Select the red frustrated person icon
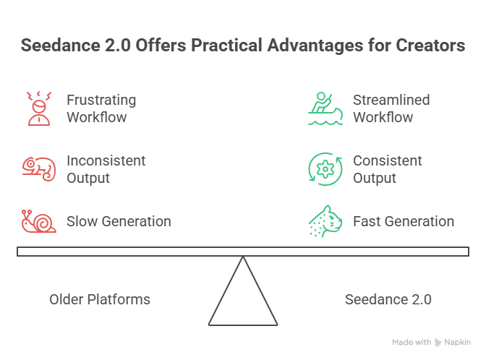(x=38, y=108)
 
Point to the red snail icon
(x=38, y=221)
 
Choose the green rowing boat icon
(x=325, y=108)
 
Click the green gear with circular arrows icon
(x=325, y=168)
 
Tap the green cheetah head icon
(x=325, y=221)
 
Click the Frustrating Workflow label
(x=101, y=108)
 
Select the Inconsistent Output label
(x=106, y=168)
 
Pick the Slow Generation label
(x=119, y=221)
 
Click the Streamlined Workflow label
(x=391, y=108)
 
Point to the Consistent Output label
(x=388, y=168)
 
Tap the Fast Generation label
(x=404, y=221)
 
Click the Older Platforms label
(x=100, y=299)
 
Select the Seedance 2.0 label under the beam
(x=388, y=299)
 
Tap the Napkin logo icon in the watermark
(x=438, y=342)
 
